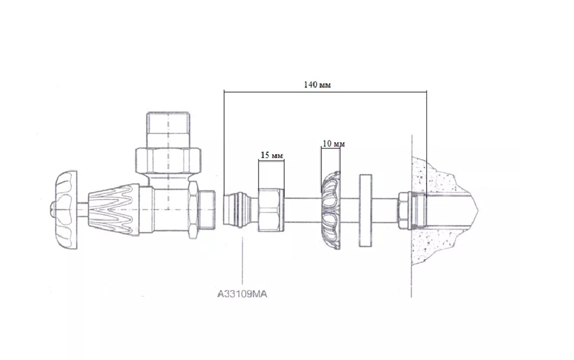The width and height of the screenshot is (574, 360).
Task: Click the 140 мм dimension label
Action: [317, 85]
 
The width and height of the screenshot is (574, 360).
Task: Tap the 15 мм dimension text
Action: [271, 155]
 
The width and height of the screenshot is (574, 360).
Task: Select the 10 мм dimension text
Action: [333, 144]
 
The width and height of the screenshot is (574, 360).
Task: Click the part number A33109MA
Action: [242, 294]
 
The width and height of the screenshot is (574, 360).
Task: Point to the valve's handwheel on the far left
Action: [64, 210]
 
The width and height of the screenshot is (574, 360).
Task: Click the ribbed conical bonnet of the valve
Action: [113, 210]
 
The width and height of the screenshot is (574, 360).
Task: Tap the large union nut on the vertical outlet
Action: [168, 160]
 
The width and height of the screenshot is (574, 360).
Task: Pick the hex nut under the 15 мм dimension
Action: [271, 210]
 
